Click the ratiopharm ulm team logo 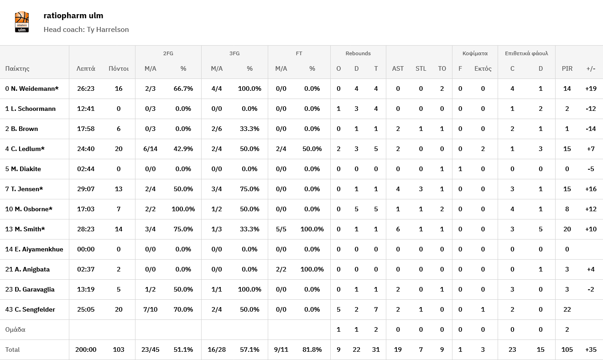[21, 22]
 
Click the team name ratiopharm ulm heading [73, 16]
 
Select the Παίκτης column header [17, 68]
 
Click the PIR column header [567, 68]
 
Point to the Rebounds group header [358, 53]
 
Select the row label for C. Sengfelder [33, 309]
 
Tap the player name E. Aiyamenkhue [37, 249]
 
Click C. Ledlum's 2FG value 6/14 [151, 149]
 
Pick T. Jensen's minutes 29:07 [86, 189]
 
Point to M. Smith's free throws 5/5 [281, 229]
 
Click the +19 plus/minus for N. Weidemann [591, 89]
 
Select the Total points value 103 [119, 350]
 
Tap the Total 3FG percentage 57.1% [250, 350]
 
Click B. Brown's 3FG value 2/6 [217, 129]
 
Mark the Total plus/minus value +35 [591, 350]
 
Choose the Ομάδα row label [15, 329]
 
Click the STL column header [421, 68]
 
